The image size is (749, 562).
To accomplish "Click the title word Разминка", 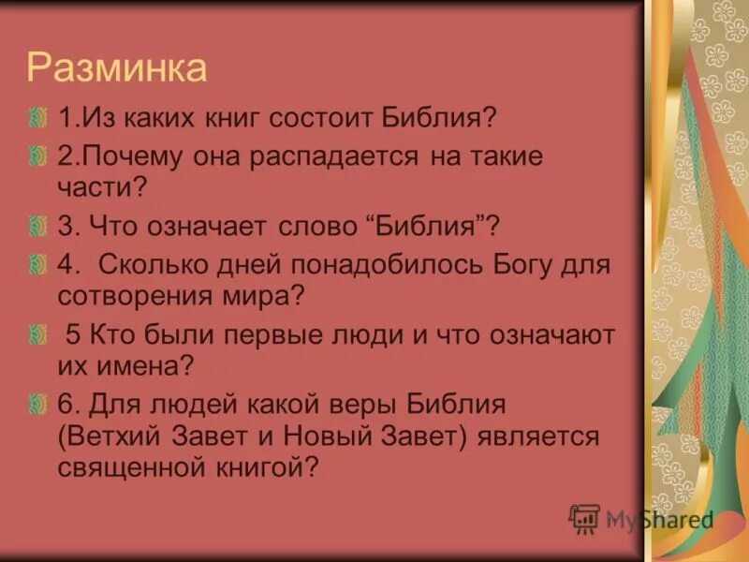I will click(x=116, y=68).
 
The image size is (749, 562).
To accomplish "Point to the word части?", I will click(x=104, y=187).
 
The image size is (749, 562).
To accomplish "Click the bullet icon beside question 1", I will click(x=37, y=119).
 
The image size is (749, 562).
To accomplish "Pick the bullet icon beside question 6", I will click(x=37, y=404).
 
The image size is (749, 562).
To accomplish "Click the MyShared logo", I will click(x=642, y=519).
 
